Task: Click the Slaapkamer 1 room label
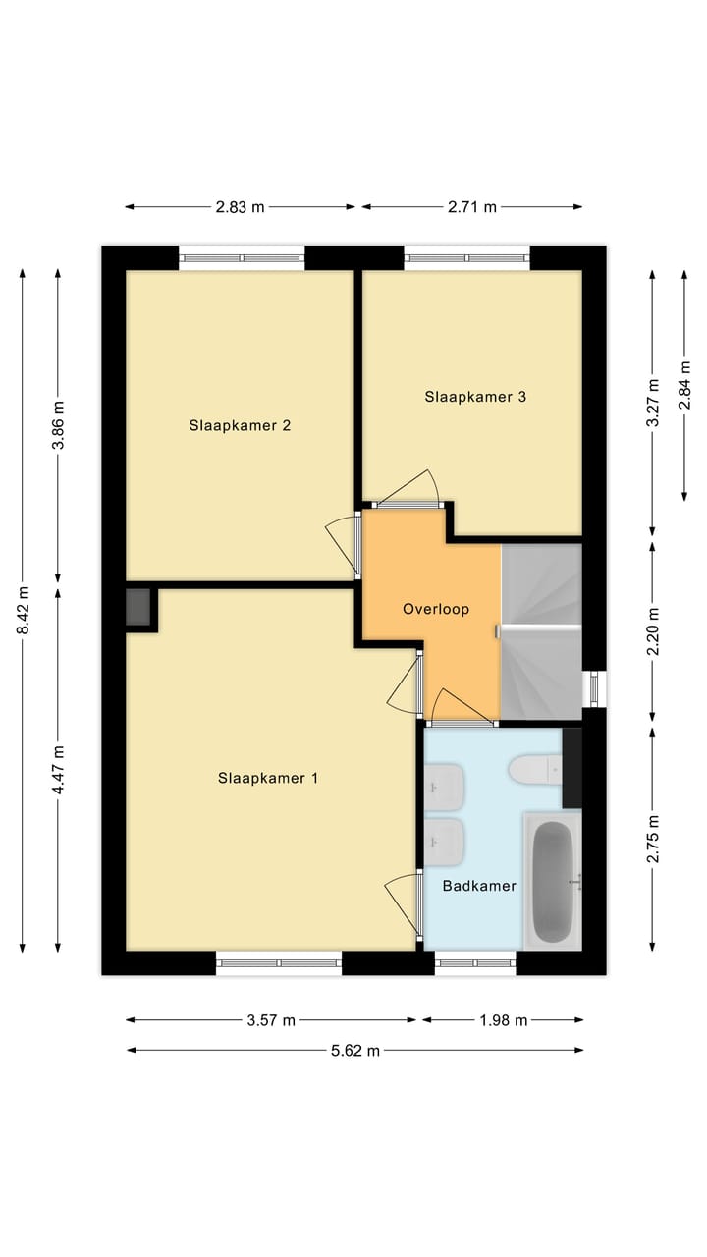[268, 778]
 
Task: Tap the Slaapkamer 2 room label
[241, 425]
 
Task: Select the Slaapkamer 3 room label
[475, 397]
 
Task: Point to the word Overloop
[436, 609]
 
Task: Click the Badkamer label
[479, 885]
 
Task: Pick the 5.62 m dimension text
[353, 1050]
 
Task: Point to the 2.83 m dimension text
[241, 207]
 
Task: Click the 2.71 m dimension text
[472, 207]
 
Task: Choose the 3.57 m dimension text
[271, 1020]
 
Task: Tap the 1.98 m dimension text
[503, 1020]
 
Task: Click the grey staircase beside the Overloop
[541, 631]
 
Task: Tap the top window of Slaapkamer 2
[242, 258]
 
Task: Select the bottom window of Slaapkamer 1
[279, 963]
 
